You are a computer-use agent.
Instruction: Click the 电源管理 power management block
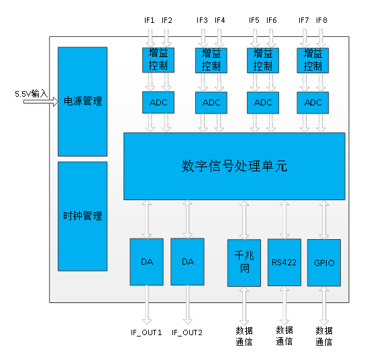click(x=83, y=101)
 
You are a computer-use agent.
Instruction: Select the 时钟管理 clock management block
click(x=83, y=216)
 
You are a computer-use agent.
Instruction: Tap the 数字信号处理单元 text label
click(x=234, y=166)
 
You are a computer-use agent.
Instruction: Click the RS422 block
click(x=284, y=263)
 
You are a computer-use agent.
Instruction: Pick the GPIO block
click(x=324, y=263)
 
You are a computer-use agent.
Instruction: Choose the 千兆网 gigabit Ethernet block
click(x=244, y=263)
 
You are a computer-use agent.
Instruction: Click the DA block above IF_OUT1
click(x=147, y=262)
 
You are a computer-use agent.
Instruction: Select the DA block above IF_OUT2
click(x=187, y=262)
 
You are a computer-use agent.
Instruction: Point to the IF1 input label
click(x=150, y=20)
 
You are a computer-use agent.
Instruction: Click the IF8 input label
click(x=321, y=20)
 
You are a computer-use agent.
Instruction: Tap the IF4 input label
click(x=220, y=20)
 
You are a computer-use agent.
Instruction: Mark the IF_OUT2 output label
click(x=187, y=332)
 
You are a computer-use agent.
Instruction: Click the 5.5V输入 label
click(x=32, y=94)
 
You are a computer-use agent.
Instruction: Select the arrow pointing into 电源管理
click(x=41, y=101)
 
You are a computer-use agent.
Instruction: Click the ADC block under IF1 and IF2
click(x=158, y=102)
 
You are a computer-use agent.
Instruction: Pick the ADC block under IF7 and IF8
click(x=313, y=103)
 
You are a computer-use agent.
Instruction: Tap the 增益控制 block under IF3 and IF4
click(x=211, y=60)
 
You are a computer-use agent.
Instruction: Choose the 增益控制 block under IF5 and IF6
click(x=263, y=60)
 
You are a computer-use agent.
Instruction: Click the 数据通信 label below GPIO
click(x=324, y=336)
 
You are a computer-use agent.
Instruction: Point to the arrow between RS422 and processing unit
click(x=284, y=220)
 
